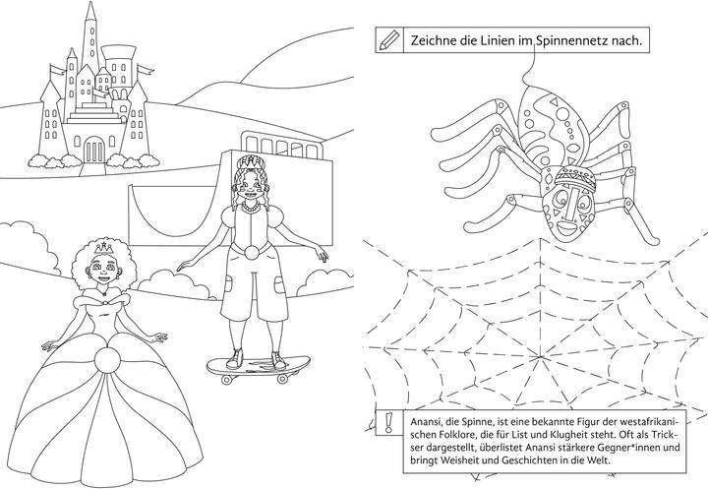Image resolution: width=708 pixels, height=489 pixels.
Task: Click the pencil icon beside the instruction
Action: pos(389,40)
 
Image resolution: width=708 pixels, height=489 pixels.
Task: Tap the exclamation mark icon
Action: pos(387,423)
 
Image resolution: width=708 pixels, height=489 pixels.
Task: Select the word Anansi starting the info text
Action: pos(426,422)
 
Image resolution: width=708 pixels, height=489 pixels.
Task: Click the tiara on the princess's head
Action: pos(104,247)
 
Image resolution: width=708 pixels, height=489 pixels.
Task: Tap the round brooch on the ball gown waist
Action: pos(107,360)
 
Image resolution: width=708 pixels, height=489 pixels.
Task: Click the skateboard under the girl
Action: pos(259,367)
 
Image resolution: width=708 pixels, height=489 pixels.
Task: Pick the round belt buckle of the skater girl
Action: pos(252,252)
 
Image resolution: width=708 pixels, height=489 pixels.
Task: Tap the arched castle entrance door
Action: pos(94,150)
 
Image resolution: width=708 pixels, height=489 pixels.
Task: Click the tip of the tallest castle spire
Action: pos(91,2)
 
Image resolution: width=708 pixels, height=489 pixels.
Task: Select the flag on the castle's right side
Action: pos(145,70)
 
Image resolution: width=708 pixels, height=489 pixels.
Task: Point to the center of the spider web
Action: pos(540,356)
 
